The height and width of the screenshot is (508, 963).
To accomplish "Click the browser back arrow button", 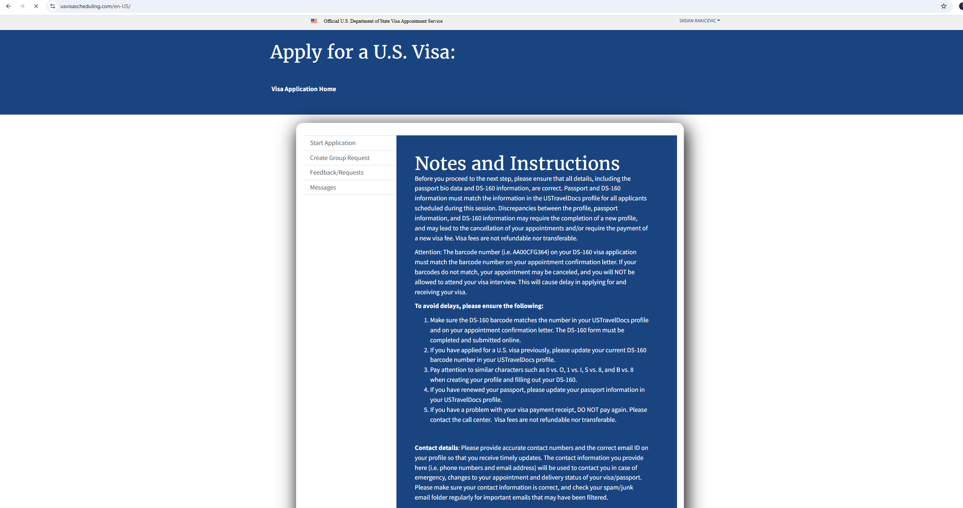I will coord(8,6).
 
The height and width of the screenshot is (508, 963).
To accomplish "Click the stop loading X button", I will coord(36,6).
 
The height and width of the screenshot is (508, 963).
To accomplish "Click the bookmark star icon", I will coord(944,6).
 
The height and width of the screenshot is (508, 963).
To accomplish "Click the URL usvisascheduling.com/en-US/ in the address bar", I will coord(95,6).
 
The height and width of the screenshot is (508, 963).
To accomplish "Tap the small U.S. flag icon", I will coord(314,21).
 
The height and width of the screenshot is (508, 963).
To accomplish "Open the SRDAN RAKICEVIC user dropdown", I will coord(699,21).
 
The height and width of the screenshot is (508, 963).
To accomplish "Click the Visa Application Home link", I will coord(303,89).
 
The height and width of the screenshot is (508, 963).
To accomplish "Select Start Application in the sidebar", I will coord(333,143).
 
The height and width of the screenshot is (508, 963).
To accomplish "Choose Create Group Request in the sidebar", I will coord(339,158).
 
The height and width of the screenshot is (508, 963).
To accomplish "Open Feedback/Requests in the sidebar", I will coord(336,173).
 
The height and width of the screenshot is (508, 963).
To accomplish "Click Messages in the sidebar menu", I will coord(323,188).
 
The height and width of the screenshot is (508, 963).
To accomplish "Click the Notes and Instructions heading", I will coord(517,163).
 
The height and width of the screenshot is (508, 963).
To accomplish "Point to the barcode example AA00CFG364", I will coord(530,252).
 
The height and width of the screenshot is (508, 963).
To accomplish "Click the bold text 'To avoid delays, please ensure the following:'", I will coord(479,306).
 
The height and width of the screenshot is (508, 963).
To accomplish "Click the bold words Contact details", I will coord(436,448).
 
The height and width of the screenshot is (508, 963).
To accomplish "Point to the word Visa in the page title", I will coord(433,52).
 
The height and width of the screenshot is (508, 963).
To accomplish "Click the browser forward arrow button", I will coord(22,6).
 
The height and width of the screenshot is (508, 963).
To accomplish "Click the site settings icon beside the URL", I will coord(53,6).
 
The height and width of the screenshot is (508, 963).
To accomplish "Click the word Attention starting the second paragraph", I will coord(428,252).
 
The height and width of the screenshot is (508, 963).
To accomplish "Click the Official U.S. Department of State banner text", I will coord(383,21).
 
